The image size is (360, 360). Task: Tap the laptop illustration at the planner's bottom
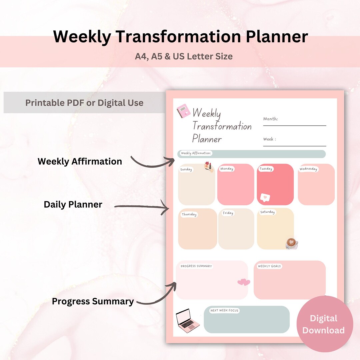coord(188,320)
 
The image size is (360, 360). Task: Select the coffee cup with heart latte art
coord(291,243)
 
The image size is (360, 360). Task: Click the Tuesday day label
coord(266,169)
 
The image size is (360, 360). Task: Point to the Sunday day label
coord(186,169)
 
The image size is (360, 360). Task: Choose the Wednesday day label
coord(308,169)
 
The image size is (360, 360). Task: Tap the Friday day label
coord(228,213)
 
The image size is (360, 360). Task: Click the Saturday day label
coord(267,212)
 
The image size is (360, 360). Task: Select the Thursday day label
coord(189,214)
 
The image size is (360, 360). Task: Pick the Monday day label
coord(227,169)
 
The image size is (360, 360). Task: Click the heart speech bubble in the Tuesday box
coord(265,197)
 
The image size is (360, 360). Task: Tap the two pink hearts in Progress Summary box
coord(244,282)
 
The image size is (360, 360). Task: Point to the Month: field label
coord(270,119)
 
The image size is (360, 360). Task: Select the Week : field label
coord(269,139)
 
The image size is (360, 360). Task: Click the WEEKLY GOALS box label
coord(269,266)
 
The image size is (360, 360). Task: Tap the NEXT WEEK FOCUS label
coord(224,311)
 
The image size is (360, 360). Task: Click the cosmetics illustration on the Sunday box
coord(209,167)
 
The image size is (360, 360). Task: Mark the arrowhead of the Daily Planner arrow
coord(168,209)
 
